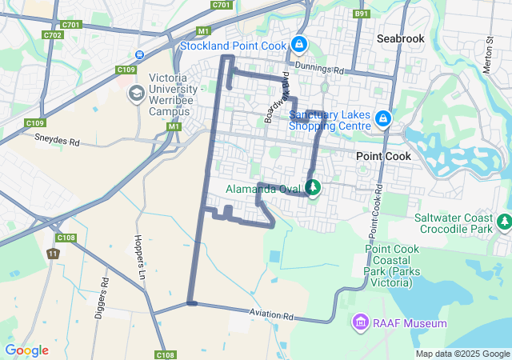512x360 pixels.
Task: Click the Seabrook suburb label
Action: coord(400,38)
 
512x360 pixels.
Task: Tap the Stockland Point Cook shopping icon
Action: coord(299,44)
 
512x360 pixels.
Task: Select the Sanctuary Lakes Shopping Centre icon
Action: coord(383,119)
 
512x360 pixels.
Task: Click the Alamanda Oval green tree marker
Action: coord(313,188)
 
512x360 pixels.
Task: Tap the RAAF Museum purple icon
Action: coord(360,323)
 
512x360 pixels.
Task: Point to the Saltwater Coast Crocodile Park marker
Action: coord(504,221)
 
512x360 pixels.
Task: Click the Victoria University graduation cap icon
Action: coord(136,94)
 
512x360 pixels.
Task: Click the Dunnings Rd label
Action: coord(318,70)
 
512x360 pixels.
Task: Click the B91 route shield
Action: coord(362,14)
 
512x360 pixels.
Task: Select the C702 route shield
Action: coord(54,35)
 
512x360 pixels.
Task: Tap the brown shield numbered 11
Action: coord(53,254)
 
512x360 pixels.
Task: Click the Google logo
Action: coord(26,350)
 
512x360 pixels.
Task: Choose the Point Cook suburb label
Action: coord(383,156)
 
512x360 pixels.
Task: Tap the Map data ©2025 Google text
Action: coord(462,354)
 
